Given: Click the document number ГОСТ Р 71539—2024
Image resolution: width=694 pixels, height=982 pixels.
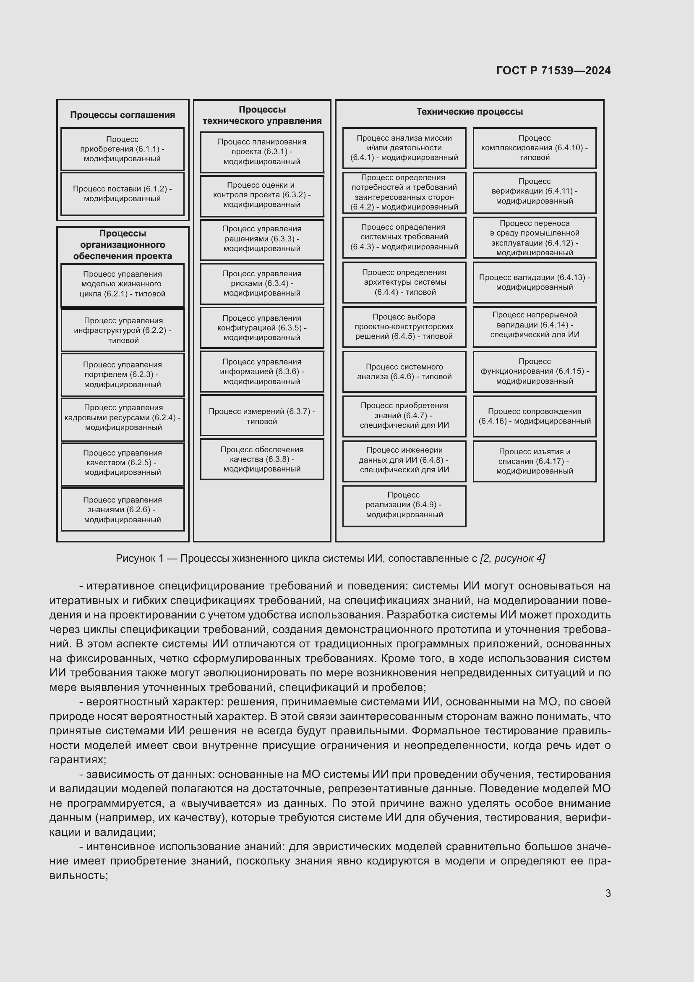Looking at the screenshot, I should point(553,71).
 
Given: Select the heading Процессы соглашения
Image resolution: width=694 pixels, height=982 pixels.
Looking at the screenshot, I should point(122,115).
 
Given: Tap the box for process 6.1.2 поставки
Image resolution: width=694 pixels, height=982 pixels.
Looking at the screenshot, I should point(122,194).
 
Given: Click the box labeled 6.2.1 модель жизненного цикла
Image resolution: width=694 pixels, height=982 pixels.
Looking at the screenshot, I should point(122,284).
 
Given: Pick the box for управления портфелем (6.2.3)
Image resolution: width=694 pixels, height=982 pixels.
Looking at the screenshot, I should point(122,374).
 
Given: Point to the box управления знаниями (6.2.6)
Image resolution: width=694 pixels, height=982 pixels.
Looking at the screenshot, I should point(122,509).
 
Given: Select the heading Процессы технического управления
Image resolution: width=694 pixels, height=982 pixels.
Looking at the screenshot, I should point(261,115).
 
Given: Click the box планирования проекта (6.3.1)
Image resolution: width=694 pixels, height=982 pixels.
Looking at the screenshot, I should point(261,152).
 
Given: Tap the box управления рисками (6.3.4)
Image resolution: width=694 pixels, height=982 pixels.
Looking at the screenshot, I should point(261,283).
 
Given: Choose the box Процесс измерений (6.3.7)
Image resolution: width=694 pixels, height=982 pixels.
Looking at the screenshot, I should point(261,416).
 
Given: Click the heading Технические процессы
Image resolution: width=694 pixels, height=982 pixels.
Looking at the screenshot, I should point(469,112).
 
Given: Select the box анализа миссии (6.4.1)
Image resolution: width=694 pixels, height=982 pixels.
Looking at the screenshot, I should point(404,148).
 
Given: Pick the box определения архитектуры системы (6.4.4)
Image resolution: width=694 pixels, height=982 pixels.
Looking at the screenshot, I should point(404,282).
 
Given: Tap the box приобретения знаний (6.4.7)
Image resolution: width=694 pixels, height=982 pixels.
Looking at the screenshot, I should point(404,415).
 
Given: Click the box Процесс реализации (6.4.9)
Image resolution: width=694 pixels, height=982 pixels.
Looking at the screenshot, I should point(404,505).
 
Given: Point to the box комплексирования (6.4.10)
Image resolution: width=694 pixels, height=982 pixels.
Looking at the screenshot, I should point(534,148).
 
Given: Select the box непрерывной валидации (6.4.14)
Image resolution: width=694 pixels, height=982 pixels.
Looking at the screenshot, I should point(534,325).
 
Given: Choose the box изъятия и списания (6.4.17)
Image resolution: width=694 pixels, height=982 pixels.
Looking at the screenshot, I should point(534,461).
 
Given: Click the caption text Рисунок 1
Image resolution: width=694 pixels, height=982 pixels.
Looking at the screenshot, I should point(330,558).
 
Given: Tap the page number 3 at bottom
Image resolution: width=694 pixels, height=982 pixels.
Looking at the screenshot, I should point(608,893).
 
